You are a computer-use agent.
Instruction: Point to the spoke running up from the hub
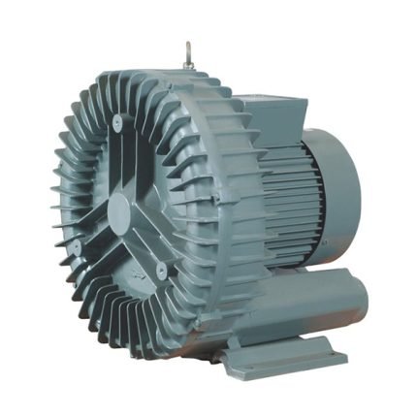pyautogui.click(x=118, y=160)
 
